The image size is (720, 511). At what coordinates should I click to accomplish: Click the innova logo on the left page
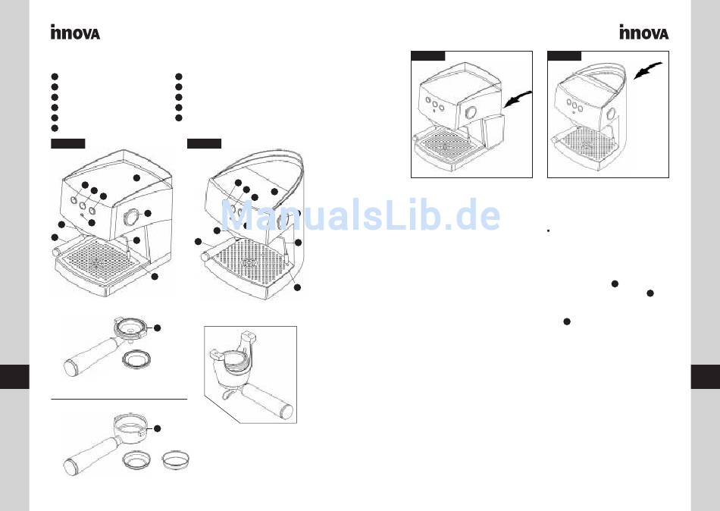[x=75, y=33]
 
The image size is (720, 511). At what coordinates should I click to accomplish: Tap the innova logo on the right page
[x=643, y=33]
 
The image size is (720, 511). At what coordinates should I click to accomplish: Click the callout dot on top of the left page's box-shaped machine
[x=136, y=177]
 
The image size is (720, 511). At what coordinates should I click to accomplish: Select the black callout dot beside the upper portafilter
[x=158, y=328]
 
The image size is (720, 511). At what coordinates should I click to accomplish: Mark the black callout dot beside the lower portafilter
[x=158, y=428]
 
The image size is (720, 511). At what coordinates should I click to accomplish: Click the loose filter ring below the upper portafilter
[x=134, y=358]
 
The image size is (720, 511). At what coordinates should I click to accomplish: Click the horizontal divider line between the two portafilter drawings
[x=118, y=398]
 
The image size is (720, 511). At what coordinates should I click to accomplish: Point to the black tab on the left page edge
[x=14, y=376]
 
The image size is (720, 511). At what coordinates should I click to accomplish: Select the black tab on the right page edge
[x=706, y=376]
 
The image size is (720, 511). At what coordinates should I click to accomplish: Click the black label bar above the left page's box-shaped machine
[x=67, y=143]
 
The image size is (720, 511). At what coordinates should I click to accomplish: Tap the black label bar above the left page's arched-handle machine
[x=204, y=143]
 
